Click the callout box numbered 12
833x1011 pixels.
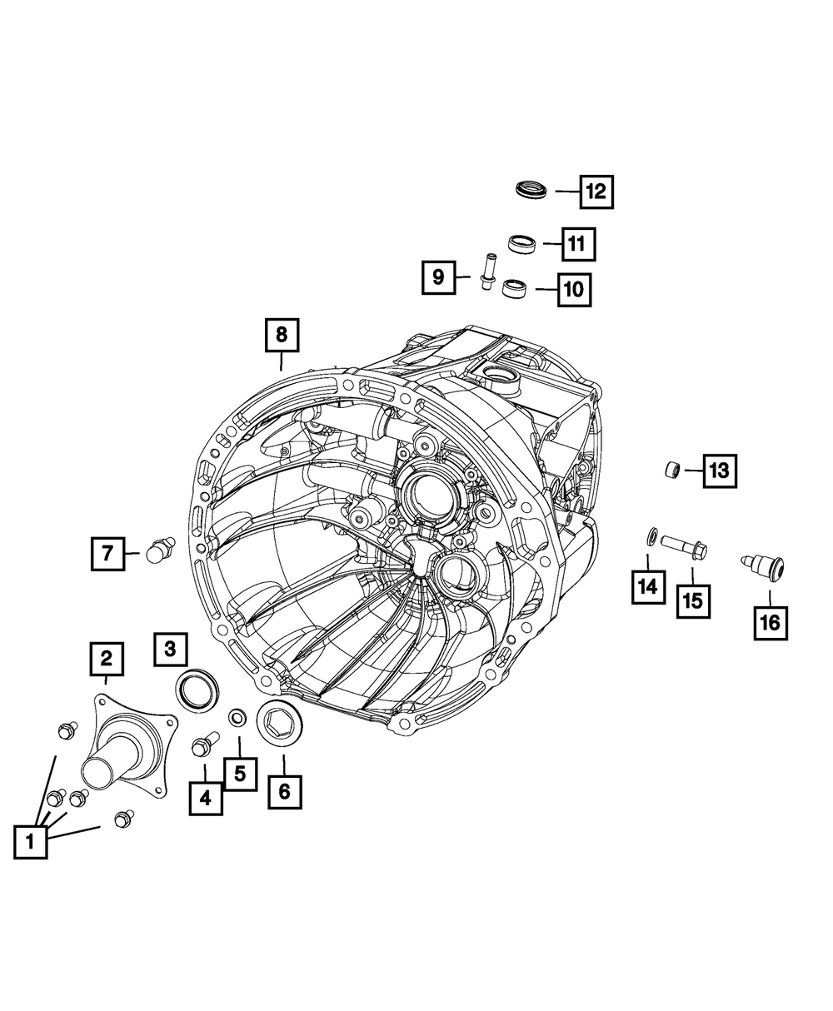tap(596, 192)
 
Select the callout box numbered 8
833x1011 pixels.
tap(282, 335)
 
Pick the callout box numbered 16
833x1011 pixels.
tap(771, 623)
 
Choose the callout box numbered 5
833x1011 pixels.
tap(240, 774)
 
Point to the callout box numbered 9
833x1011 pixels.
tap(438, 277)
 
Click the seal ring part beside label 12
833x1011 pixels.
tap(531, 189)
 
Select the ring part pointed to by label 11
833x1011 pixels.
tap(521, 243)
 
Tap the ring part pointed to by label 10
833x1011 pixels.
tap(516, 289)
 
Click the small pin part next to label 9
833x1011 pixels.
tap(486, 271)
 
